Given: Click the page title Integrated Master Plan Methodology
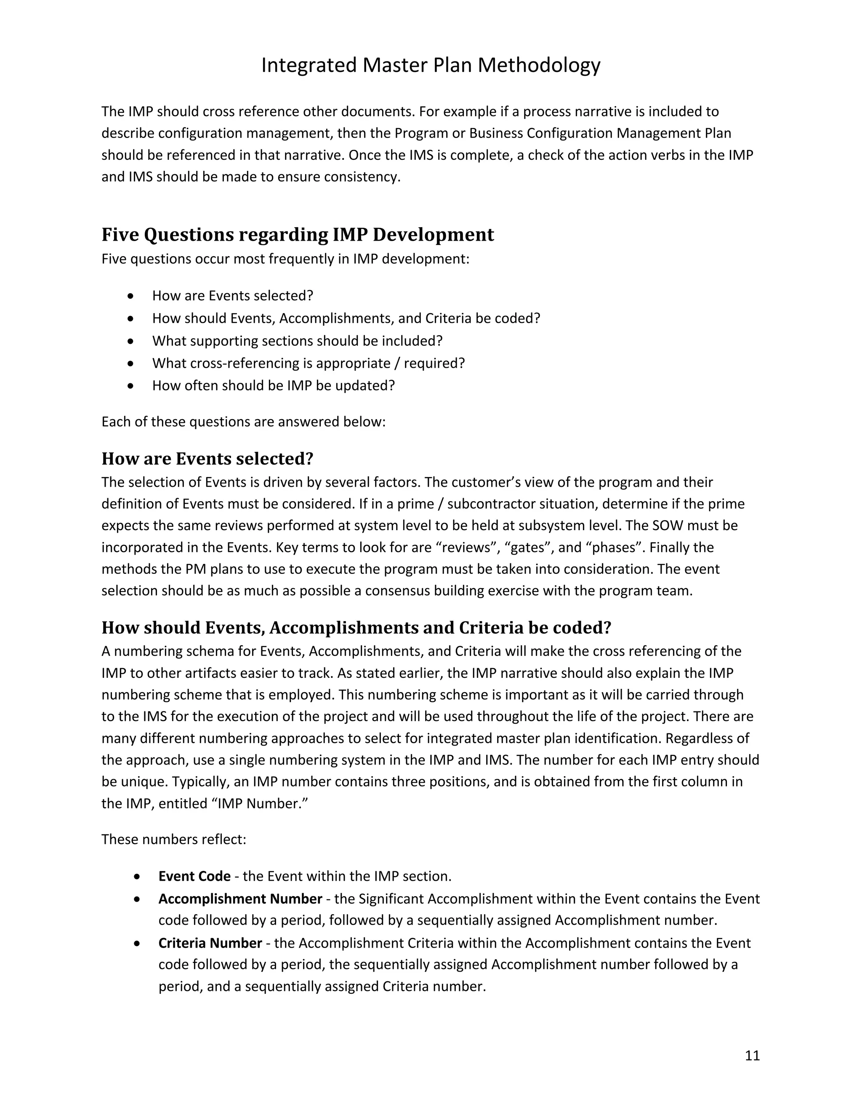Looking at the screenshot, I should (x=431, y=65).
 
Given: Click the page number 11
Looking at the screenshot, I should (x=752, y=1055).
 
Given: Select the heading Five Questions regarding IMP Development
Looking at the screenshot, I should (x=298, y=235).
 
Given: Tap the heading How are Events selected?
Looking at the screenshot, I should (x=208, y=459).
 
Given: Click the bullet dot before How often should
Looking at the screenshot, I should (x=132, y=386).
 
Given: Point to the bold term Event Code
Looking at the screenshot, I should (x=194, y=876).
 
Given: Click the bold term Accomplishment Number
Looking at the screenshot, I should (x=240, y=899).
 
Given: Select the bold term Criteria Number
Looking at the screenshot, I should (x=210, y=943).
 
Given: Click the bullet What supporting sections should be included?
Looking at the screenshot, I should (x=297, y=340).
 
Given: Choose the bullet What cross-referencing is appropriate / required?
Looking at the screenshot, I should (x=309, y=363).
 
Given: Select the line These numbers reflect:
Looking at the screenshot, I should (x=174, y=839).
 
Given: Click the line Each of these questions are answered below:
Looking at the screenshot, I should (x=243, y=422).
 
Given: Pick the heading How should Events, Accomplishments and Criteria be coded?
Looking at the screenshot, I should (x=356, y=627).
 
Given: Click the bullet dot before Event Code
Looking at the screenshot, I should (x=137, y=876).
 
